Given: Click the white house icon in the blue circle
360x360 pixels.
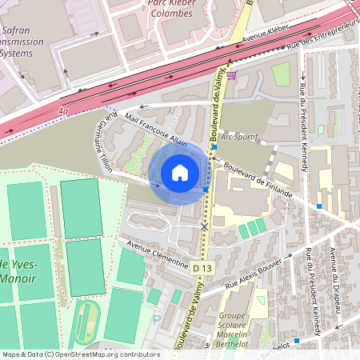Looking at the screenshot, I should pos(180,172).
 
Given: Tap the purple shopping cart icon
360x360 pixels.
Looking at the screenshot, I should pos(231,75).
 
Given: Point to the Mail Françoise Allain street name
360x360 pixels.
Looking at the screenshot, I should pos(155,130).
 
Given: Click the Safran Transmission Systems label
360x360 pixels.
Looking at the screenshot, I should pos(22,42).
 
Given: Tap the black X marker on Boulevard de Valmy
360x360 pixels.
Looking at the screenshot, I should pos(204,227).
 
